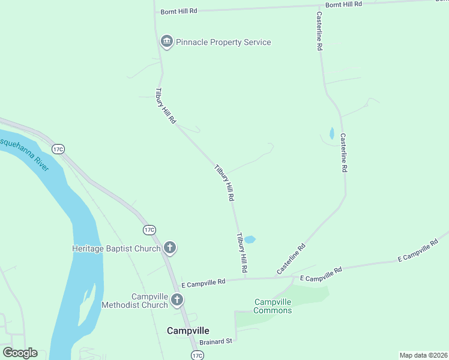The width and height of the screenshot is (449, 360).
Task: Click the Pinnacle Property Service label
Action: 223,42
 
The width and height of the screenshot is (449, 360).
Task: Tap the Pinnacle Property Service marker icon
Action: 166,41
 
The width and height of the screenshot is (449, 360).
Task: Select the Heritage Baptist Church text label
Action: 116,248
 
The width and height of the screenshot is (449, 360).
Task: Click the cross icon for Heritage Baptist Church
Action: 170,247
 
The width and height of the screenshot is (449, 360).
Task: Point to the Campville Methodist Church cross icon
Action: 177,300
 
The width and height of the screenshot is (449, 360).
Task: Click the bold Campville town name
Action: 188,331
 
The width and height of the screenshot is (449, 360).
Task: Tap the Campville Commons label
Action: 273,306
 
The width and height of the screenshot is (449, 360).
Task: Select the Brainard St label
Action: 215,341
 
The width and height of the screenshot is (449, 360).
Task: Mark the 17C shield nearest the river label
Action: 58,149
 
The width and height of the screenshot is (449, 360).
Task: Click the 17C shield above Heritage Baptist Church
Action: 149,230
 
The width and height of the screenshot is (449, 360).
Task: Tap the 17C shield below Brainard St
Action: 197,356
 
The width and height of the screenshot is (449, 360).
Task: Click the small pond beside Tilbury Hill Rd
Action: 250,239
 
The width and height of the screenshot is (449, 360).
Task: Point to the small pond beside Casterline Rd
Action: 332,133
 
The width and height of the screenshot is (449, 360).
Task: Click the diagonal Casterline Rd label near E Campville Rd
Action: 291,259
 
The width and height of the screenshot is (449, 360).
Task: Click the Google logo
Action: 20,353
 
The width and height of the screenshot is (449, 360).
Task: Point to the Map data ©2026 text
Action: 423,355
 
